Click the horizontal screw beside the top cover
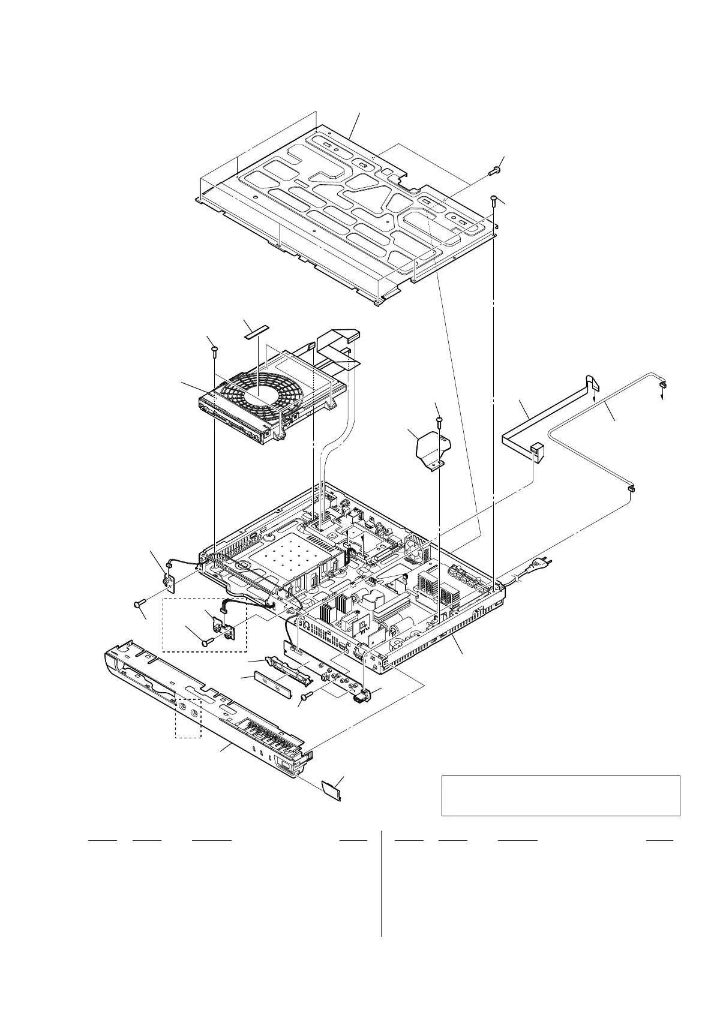(x=496, y=170)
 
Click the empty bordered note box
(x=560, y=795)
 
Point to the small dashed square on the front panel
(x=188, y=717)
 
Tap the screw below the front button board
(x=307, y=696)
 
